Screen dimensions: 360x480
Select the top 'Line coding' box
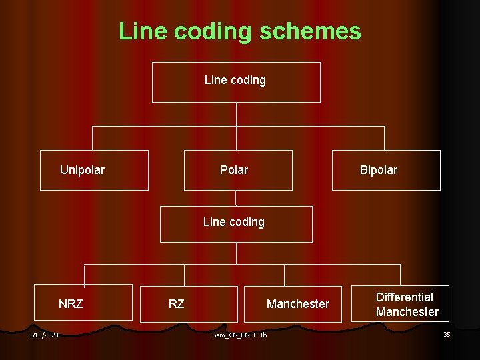pyautogui.click(x=236, y=81)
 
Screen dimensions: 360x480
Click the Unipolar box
pyautogui.click(x=94, y=170)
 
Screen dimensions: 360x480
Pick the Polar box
pyautogui.click(x=237, y=170)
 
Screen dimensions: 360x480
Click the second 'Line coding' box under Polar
pyautogui.click(x=235, y=223)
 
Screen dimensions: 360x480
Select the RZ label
pyautogui.click(x=176, y=304)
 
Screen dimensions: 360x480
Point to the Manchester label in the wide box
pyautogui.click(x=297, y=304)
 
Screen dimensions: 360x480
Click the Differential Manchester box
pyautogui.click(x=407, y=304)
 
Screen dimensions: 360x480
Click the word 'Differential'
pyautogui.click(x=404, y=297)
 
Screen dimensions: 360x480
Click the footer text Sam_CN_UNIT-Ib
pyautogui.click(x=239, y=335)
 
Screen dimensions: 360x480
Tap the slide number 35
pyautogui.click(x=447, y=334)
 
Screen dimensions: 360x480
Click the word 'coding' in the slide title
pyautogui.click(x=223, y=31)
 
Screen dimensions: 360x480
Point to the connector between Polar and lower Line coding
pyautogui.click(x=236, y=198)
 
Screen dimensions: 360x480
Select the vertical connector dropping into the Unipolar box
pyautogui.click(x=92, y=138)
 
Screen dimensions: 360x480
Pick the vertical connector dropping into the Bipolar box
pyautogui.click(x=384, y=138)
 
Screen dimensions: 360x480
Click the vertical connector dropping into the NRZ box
pyautogui.click(x=84, y=275)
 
